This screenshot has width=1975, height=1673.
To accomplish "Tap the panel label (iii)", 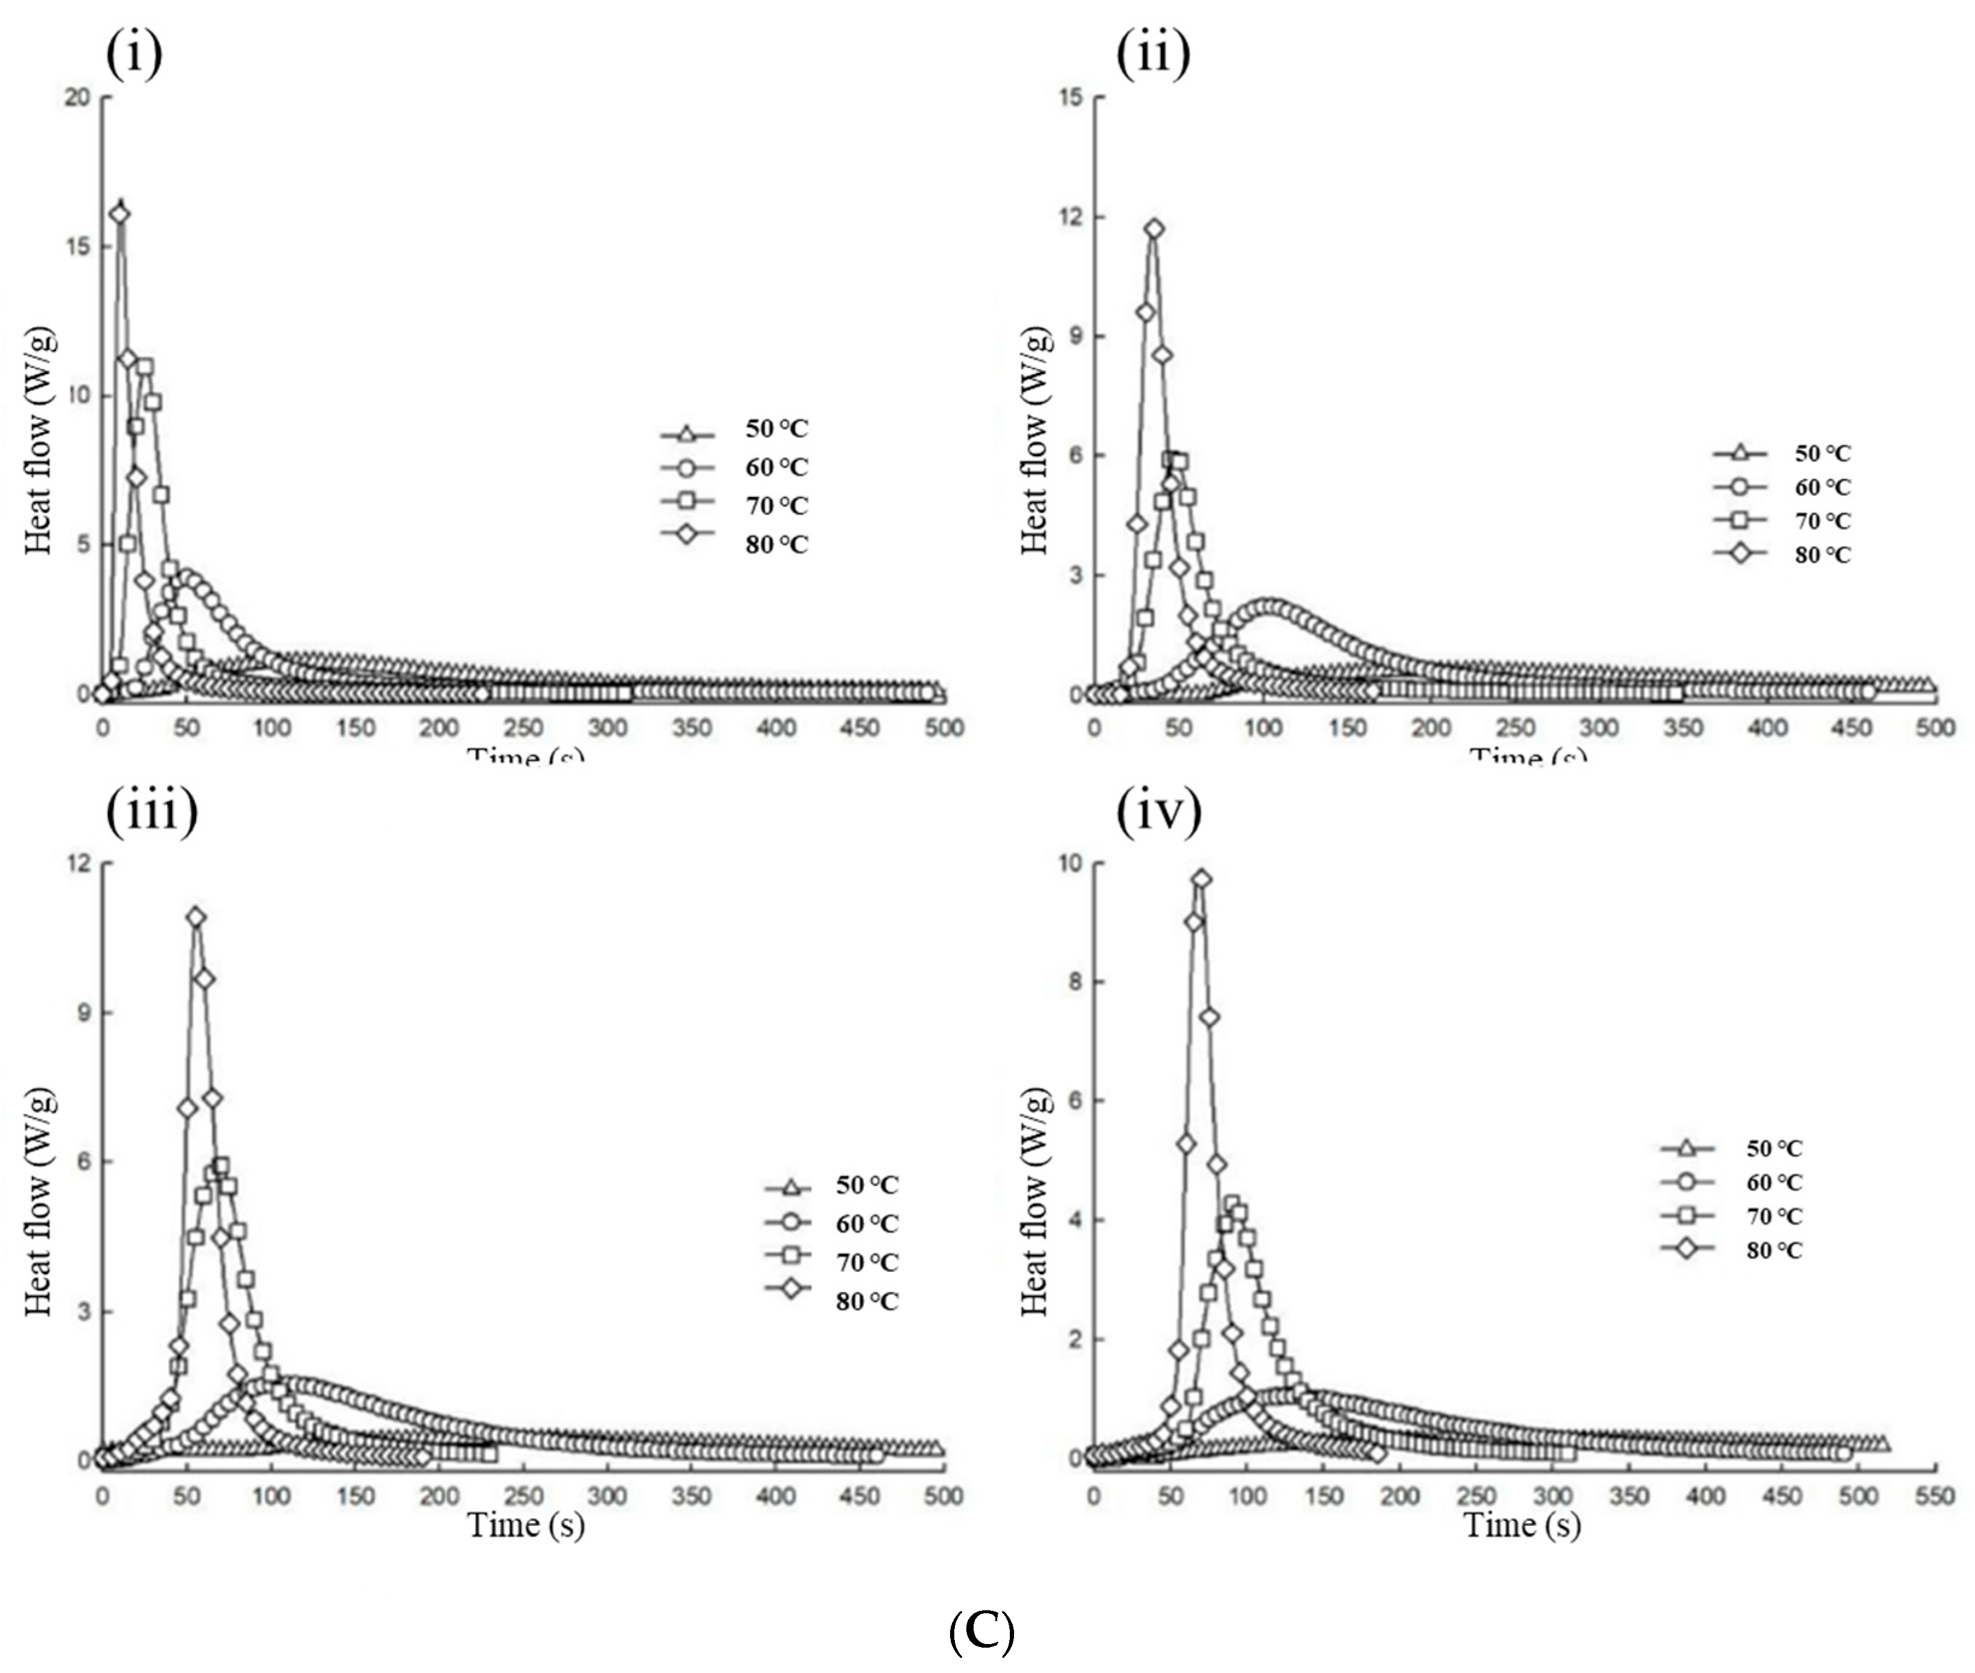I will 152,811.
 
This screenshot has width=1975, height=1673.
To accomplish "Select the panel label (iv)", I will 1158,811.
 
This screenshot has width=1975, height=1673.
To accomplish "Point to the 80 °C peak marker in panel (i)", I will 120,214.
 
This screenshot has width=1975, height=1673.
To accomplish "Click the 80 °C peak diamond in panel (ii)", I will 1153,229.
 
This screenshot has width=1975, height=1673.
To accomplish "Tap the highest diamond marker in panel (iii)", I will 196,916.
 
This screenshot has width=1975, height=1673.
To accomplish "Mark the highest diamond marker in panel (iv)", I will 1201,878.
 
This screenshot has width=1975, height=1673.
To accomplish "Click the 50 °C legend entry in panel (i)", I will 735,431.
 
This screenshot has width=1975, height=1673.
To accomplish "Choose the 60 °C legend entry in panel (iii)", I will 832,1224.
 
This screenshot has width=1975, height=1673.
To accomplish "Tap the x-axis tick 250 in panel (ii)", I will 1515,728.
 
